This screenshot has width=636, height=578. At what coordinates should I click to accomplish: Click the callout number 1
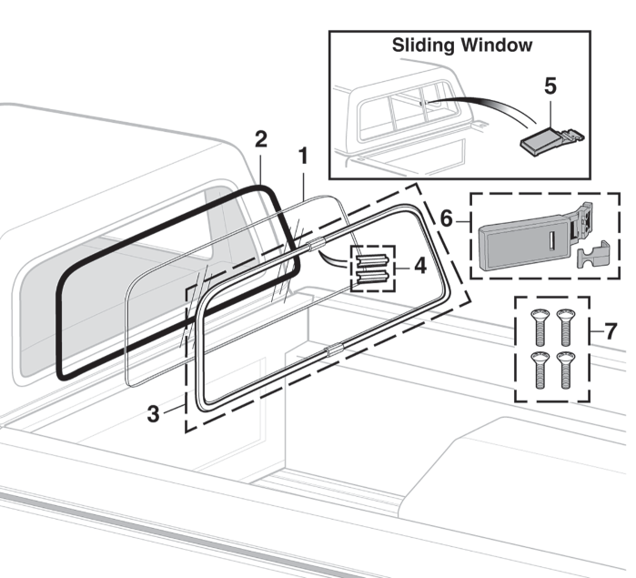tap(303, 156)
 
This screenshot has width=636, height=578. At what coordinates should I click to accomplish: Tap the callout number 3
tap(155, 413)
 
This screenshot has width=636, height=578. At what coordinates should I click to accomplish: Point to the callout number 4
tap(419, 267)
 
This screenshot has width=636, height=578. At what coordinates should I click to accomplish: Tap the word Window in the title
tap(500, 44)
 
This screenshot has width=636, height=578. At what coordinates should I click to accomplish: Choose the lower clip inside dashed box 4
tap(372, 276)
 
